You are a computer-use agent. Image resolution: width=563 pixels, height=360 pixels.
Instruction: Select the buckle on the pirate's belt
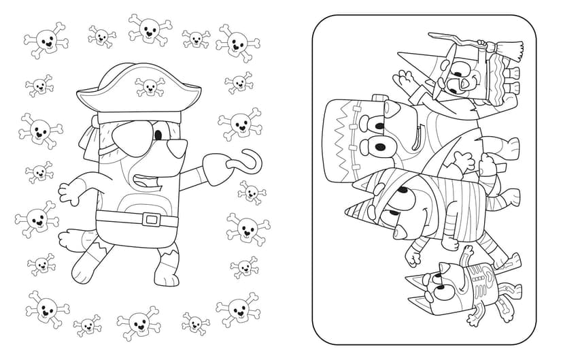(152, 219)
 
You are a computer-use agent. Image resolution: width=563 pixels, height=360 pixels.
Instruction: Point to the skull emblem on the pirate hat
(150, 86)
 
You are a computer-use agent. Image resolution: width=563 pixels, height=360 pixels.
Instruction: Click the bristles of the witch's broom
(516, 51)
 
